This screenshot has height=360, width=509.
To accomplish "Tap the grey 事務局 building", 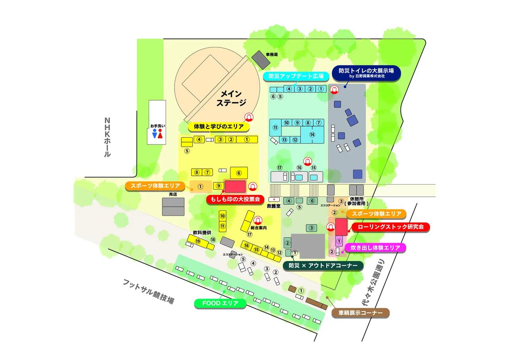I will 260,59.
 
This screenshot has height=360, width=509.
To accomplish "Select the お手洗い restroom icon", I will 157,134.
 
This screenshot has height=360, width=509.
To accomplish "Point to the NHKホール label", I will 107,137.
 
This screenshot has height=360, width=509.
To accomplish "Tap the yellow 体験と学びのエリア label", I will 219,126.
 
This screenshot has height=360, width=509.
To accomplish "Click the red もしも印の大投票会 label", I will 235,199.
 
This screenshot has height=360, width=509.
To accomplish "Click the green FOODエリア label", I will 220,304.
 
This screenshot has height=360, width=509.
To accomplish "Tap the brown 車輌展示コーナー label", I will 360,313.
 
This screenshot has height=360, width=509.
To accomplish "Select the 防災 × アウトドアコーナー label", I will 323,266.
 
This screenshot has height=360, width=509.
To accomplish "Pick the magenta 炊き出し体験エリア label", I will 375,248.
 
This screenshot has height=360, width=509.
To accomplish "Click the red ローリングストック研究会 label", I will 390,227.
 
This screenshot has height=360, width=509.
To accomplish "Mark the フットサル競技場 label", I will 148,291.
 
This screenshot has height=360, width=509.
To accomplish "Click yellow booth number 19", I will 198,241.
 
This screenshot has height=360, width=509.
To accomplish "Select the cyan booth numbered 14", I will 312,134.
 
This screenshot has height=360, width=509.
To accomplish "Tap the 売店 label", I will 173,194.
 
